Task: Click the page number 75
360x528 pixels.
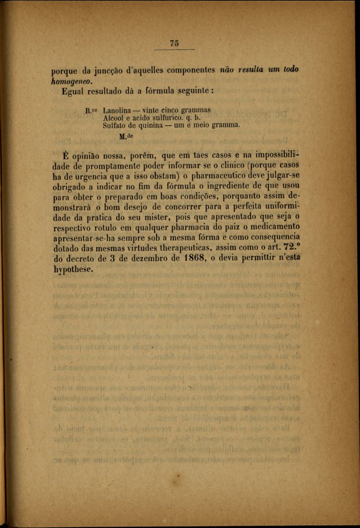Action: pos(174,44)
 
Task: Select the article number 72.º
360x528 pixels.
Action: pos(291,249)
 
